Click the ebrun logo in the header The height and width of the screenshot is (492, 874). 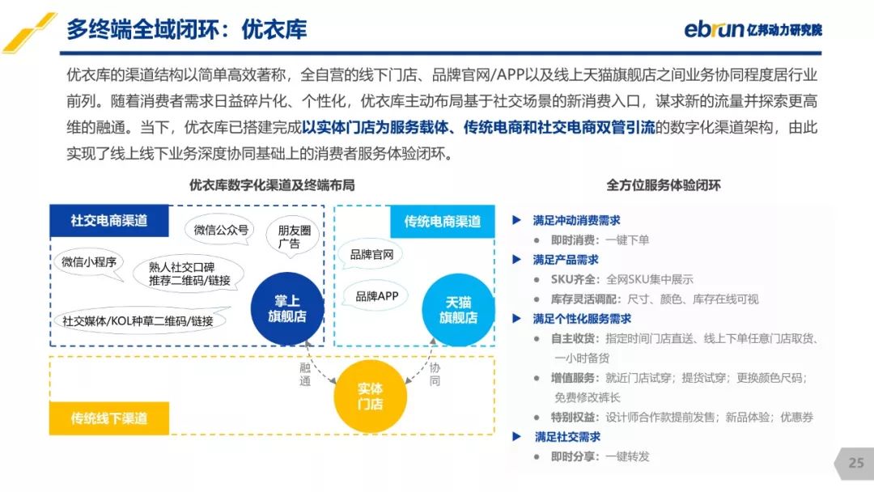coord(753,28)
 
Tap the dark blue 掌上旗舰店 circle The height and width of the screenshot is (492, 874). coord(287,308)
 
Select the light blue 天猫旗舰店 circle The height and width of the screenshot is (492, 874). coord(458,310)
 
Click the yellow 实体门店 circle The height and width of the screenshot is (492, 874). coord(370,397)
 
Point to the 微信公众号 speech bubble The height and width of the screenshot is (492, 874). coord(220,230)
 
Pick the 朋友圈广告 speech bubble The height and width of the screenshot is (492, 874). coord(293,237)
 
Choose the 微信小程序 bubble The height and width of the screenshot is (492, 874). coord(89,263)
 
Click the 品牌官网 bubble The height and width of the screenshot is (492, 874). coord(371,255)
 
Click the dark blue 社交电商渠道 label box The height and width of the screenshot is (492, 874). coord(109,221)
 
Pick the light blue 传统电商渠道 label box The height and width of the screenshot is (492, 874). coord(442,222)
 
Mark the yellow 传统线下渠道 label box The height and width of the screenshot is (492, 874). coord(109,418)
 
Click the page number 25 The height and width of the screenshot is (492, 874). coord(856,463)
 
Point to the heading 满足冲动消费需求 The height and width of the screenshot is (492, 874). coord(576,220)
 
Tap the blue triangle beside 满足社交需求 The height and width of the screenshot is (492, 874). coord(516,436)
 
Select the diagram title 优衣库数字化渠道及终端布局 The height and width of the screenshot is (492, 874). coord(272,185)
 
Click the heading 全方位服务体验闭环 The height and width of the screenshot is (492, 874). coord(664,185)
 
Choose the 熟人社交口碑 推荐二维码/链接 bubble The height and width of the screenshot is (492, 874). coord(189,273)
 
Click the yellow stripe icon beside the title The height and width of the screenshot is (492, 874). coord(29,33)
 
